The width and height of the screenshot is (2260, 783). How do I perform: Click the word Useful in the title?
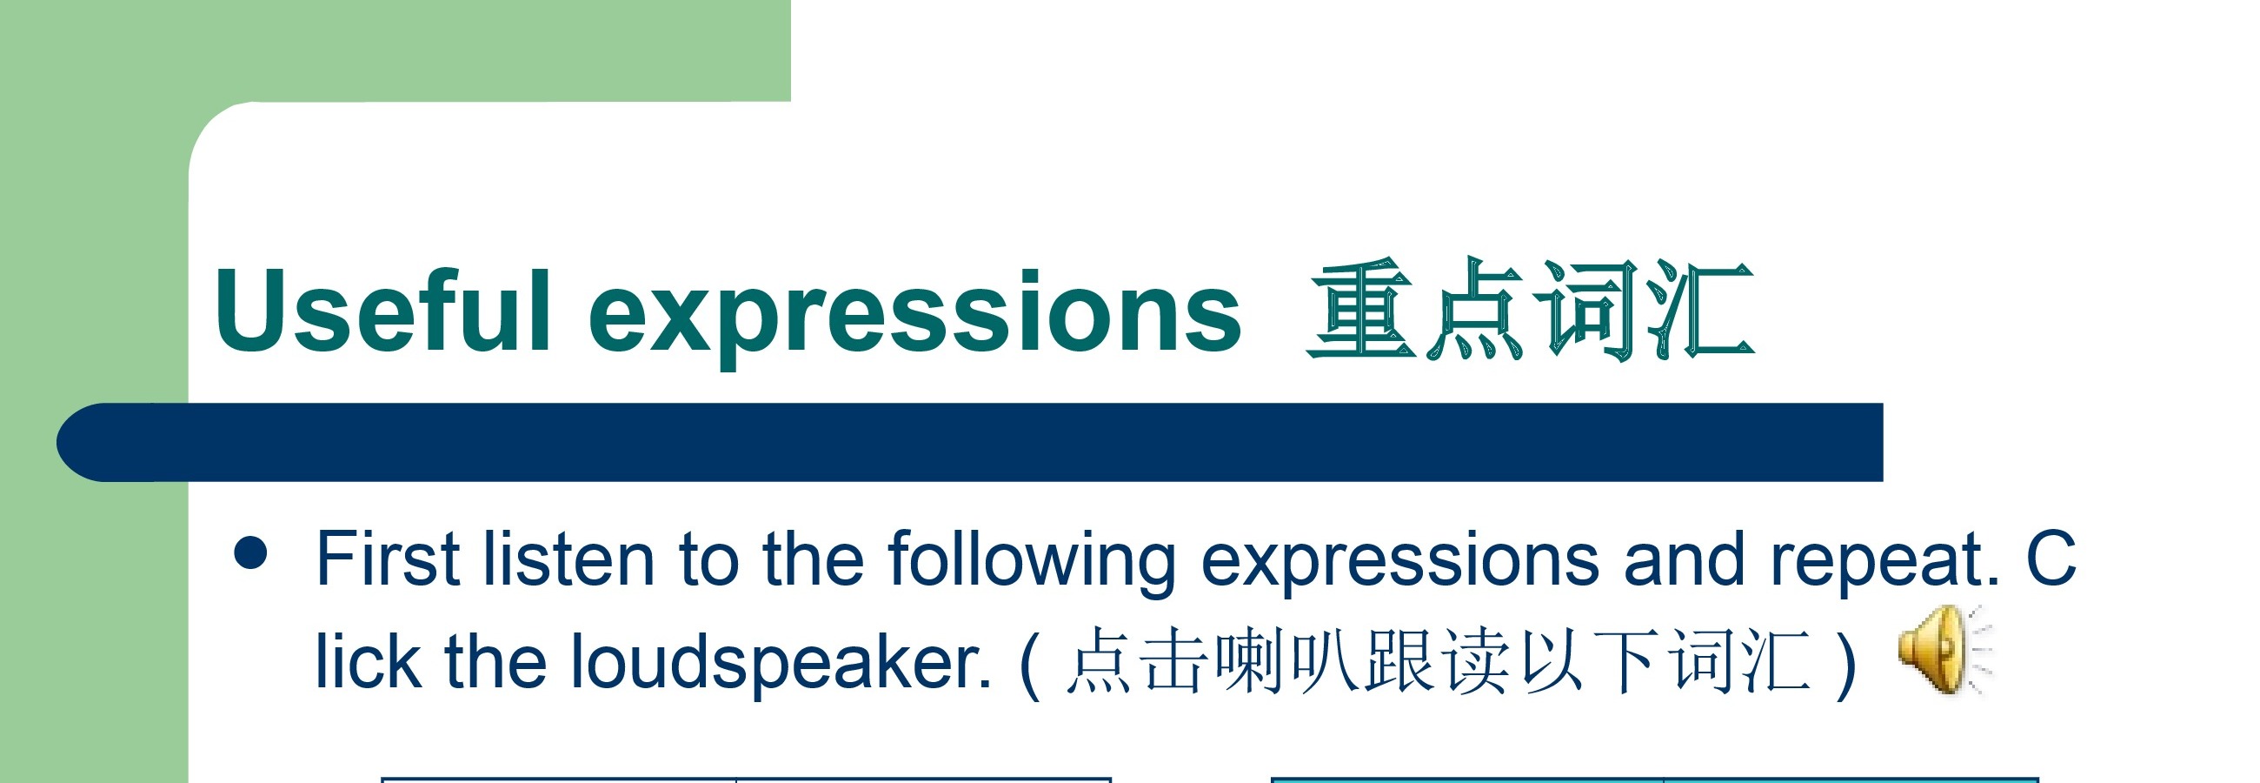pos(382,311)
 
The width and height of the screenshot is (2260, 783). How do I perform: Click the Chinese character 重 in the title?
pos(1359,309)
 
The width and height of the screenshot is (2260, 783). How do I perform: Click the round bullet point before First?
pos(251,553)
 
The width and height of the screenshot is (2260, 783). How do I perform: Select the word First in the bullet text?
pos(388,559)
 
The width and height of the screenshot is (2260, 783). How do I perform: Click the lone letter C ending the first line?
pos(2051,559)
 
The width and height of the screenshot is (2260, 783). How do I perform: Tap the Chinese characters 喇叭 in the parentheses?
pos(1286,661)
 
